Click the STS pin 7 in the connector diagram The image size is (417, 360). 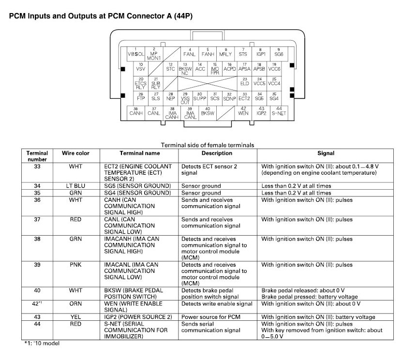(x=243, y=52)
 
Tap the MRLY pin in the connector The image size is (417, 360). (x=225, y=52)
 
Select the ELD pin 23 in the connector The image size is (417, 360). (x=245, y=82)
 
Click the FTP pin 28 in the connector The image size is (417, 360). (x=141, y=96)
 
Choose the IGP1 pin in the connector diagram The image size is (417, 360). (x=261, y=52)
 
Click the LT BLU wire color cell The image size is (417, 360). (x=75, y=186)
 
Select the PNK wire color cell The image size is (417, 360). (x=75, y=265)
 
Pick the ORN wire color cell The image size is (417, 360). (x=75, y=304)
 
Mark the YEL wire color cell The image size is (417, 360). (x=75, y=317)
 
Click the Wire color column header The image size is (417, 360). (x=75, y=153)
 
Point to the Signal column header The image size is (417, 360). (x=326, y=153)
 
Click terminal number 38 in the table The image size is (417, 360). (x=37, y=239)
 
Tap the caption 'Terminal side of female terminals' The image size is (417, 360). (x=208, y=144)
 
